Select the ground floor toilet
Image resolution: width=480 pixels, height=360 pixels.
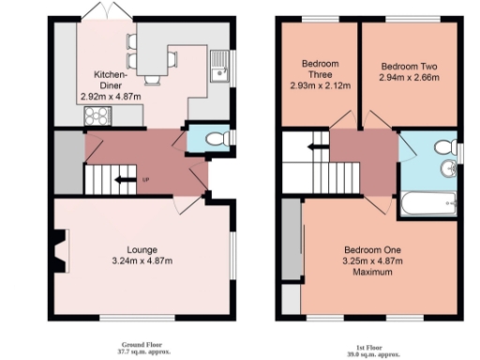(x=215, y=138)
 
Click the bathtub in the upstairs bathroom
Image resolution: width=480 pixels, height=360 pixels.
(x=428, y=202)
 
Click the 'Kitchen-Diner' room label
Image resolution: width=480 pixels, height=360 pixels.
(x=111, y=79)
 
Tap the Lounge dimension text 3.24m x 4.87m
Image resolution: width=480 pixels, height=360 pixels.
(x=142, y=260)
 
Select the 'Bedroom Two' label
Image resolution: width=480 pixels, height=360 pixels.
(x=411, y=67)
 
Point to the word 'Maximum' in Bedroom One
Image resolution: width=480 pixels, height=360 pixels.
(x=372, y=273)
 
